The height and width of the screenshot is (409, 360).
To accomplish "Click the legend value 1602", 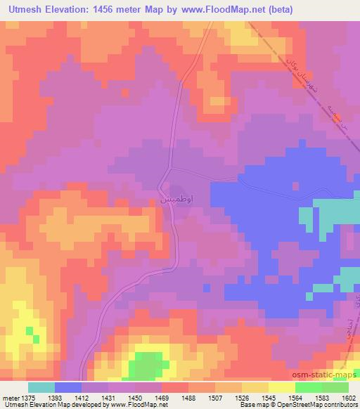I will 346,397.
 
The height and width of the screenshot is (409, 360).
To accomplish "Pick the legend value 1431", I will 109,397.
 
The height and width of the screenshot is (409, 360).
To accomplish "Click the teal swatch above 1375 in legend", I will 41,387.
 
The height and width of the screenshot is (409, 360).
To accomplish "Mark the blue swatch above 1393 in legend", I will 68,387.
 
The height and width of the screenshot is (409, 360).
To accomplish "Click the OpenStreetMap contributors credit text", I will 310,405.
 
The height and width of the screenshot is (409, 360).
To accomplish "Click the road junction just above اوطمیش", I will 169,169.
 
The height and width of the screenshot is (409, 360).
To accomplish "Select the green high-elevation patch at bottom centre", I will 146,364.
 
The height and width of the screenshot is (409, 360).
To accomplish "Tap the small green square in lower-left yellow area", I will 29,330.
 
